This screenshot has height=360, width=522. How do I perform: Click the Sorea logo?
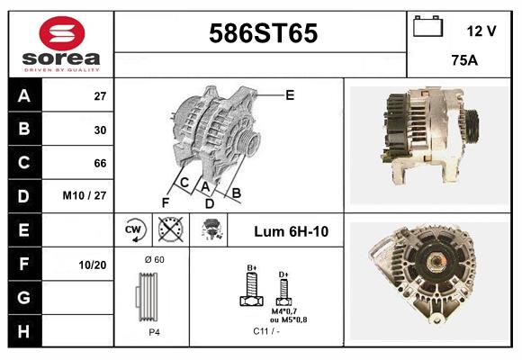click(x=60, y=44)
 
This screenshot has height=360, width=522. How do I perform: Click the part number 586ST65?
click(x=263, y=34)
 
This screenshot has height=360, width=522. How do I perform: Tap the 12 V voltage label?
click(x=481, y=31)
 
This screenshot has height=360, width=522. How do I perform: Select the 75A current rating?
click(x=463, y=62)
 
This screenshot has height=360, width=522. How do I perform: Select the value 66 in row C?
click(x=100, y=163)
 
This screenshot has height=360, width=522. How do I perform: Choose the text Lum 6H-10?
click(x=291, y=231)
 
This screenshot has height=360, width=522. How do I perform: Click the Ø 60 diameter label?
click(x=154, y=260)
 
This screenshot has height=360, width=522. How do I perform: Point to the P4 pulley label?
click(x=154, y=331)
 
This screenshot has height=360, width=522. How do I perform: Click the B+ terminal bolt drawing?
click(x=252, y=288)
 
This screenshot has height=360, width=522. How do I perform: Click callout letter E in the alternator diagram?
click(x=290, y=94)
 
